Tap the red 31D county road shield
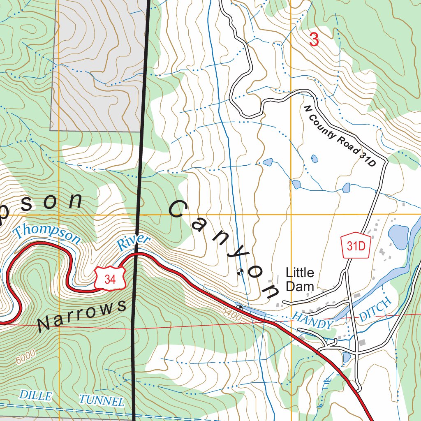(x=356, y=246)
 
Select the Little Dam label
(x=300, y=279)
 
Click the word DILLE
(x=36, y=396)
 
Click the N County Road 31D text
(x=340, y=136)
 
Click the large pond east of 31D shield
(x=398, y=236)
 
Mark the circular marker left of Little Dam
(x=241, y=272)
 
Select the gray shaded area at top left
(x=99, y=62)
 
